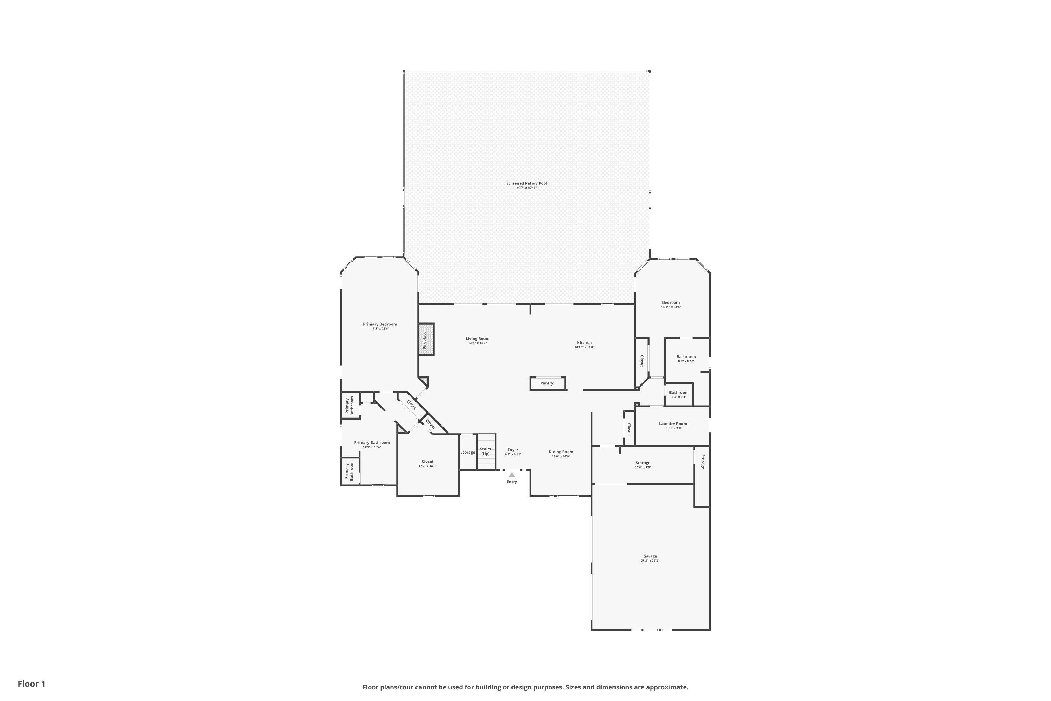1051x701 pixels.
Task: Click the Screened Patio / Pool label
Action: (527, 183)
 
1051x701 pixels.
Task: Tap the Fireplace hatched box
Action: (426, 339)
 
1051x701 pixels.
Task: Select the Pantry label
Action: (547, 383)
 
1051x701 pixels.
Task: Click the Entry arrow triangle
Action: (511, 475)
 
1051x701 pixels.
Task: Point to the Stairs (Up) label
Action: (485, 451)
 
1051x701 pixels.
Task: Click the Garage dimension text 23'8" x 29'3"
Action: (650, 560)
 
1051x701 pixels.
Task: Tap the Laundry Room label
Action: (673, 424)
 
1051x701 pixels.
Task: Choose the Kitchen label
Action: (584, 343)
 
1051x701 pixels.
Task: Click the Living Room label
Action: (477, 339)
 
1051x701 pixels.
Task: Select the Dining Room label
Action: (561, 452)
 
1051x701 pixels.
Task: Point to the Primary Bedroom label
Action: (380, 324)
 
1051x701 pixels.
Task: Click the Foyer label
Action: (513, 450)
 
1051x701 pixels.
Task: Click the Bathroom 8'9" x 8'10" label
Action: (686, 357)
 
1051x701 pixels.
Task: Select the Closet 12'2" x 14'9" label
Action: (427, 461)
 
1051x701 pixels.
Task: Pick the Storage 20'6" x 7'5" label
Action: (643, 463)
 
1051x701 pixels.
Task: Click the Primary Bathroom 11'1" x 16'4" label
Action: (372, 443)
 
